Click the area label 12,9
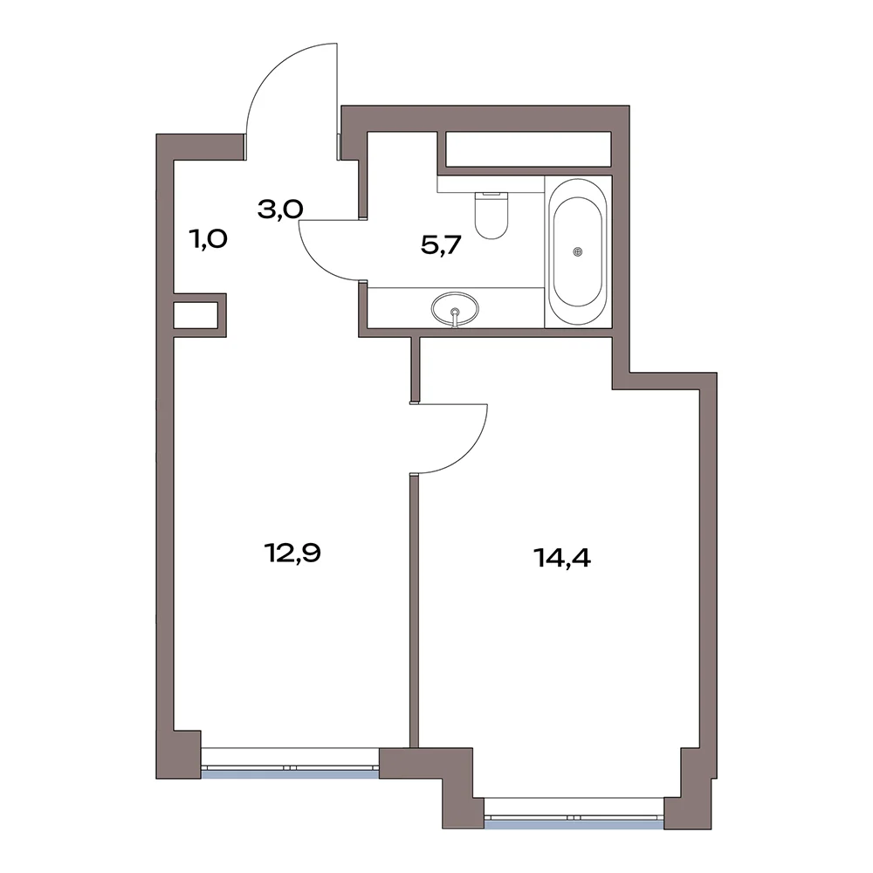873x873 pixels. click(292, 553)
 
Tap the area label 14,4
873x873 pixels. click(561, 557)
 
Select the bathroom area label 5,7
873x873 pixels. click(442, 244)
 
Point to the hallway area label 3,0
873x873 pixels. click(280, 210)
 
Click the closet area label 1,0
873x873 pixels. click(208, 239)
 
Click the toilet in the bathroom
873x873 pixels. click(491, 214)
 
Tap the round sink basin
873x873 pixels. click(455, 306)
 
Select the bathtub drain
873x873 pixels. click(578, 251)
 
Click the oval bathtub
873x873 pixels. click(577, 251)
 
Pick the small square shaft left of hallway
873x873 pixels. click(196, 315)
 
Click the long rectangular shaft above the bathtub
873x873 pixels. click(528, 148)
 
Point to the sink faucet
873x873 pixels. click(456, 318)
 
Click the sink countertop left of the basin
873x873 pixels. click(399, 307)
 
